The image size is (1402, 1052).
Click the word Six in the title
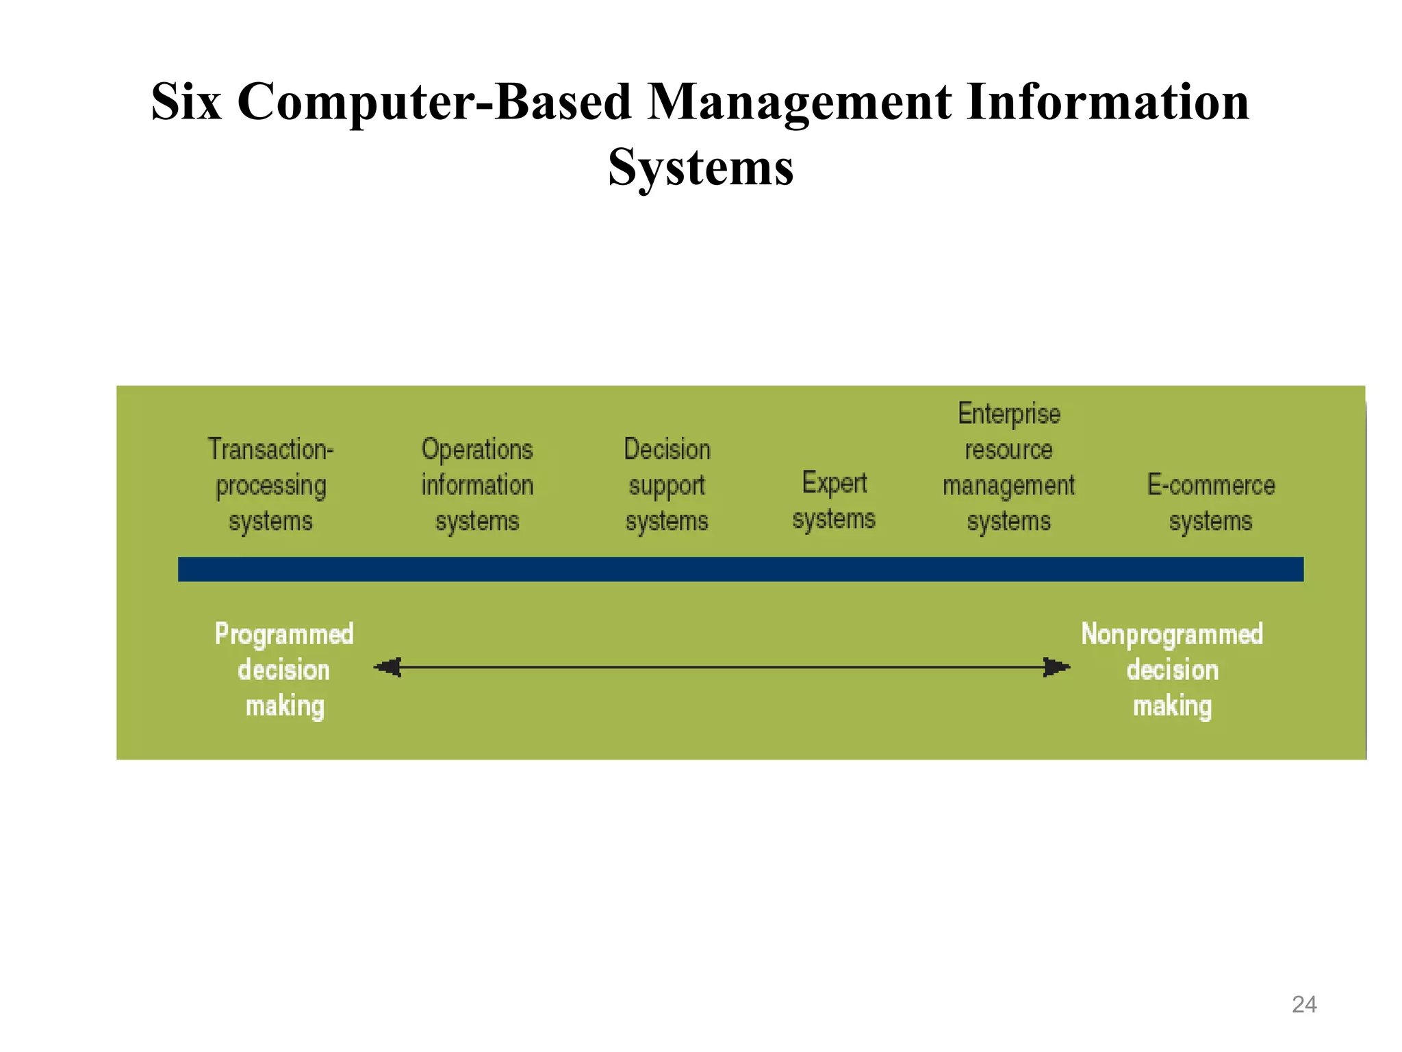click(x=186, y=102)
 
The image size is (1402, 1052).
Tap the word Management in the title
click(x=799, y=102)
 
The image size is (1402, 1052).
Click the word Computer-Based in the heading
click(x=434, y=102)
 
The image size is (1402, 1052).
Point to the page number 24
click(x=1303, y=1004)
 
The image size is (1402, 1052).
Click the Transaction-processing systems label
click(x=271, y=485)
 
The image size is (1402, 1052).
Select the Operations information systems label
click(x=477, y=485)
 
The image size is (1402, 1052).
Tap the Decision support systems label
click(x=667, y=485)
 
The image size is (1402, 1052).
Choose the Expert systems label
click(x=834, y=501)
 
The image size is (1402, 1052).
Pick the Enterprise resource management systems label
click(x=1008, y=467)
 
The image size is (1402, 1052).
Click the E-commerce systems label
click(x=1210, y=503)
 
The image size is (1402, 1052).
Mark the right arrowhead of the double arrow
click(x=1056, y=667)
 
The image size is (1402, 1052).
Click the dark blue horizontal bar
click(x=741, y=569)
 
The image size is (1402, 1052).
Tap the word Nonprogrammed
click(x=1172, y=634)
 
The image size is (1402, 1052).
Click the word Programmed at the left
click(x=284, y=634)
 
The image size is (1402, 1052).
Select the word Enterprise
click(x=1009, y=414)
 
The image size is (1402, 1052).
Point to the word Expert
click(x=834, y=483)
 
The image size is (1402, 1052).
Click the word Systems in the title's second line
click(x=701, y=167)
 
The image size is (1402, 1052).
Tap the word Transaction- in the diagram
click(x=271, y=449)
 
